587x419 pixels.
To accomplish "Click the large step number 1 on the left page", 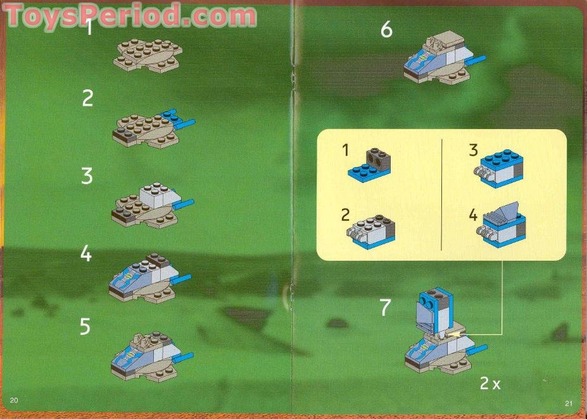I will [90, 28].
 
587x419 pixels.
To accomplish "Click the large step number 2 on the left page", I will [87, 98].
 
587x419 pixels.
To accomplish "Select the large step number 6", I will [386, 29].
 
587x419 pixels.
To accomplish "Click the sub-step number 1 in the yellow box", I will [345, 150].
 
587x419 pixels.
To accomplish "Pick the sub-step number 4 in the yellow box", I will [473, 215].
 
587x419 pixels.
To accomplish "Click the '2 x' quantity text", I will [490, 384].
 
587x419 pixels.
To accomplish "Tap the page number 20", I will [14, 400].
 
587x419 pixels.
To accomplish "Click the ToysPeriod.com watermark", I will [130, 15].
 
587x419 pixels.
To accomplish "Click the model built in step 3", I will [152, 203].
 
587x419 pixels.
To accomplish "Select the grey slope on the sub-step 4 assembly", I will [505, 210].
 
